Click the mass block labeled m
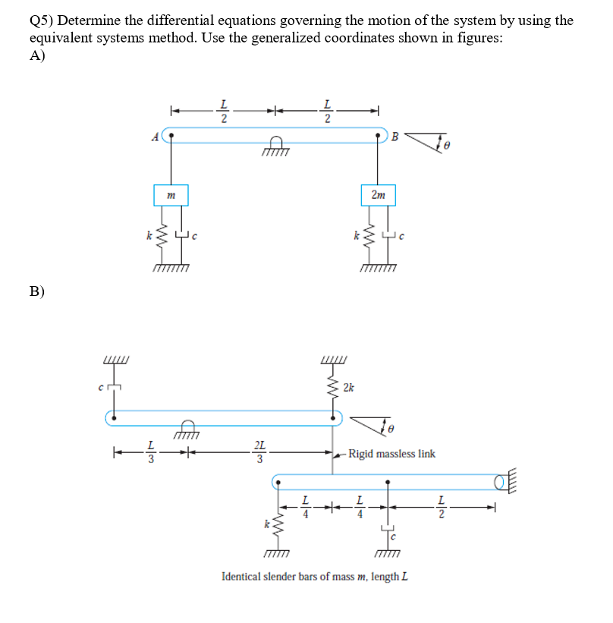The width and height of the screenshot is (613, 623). pos(171,195)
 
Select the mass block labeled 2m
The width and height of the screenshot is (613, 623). pos(379,195)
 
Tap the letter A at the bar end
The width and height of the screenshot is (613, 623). pos(155,137)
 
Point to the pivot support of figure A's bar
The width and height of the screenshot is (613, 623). pos(275,149)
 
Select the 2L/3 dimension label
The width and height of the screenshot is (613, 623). pos(260,452)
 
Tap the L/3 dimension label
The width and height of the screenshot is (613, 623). pos(151,452)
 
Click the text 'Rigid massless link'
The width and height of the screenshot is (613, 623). pos(391,454)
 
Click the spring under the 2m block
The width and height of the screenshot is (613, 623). pos(368,240)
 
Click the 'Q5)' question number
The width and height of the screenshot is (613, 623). pos(42,20)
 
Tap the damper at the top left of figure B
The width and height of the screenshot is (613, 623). pos(113,390)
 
